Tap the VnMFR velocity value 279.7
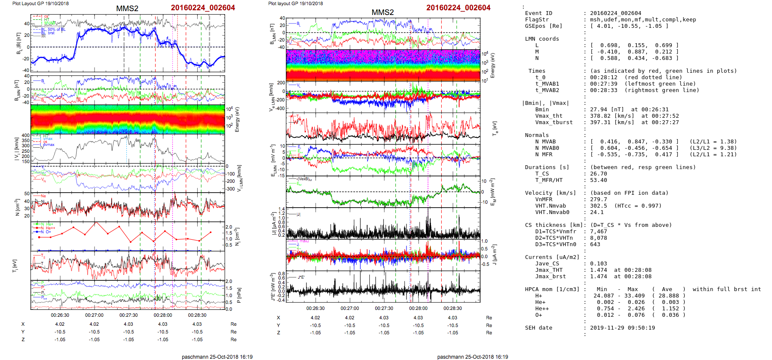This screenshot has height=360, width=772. click(598, 199)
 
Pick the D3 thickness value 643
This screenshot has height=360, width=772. click(595, 244)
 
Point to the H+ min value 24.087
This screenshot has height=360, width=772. click(603, 296)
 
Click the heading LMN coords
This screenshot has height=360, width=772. click(542, 39)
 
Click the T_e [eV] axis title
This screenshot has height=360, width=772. click(495, 128)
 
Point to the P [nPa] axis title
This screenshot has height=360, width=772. click(239, 295)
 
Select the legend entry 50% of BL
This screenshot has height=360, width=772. click(56, 30)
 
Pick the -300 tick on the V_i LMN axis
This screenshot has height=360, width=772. click(231, 189)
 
